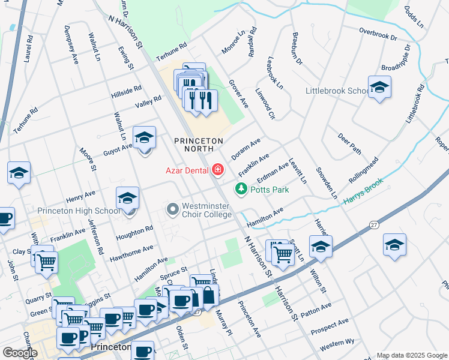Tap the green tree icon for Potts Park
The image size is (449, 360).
[x=241, y=189]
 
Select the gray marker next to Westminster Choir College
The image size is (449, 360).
[x=173, y=209]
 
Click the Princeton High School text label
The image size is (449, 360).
[x=79, y=211]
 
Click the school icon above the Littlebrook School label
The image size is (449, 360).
[x=379, y=88]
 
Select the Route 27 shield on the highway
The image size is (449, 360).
[x=374, y=224]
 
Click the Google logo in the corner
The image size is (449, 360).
[x=20, y=352]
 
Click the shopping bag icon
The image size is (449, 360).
[x=208, y=296]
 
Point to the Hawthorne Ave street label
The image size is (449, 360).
[x=131, y=253]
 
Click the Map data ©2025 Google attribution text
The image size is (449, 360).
[x=412, y=355]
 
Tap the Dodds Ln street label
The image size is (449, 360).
[x=414, y=18]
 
